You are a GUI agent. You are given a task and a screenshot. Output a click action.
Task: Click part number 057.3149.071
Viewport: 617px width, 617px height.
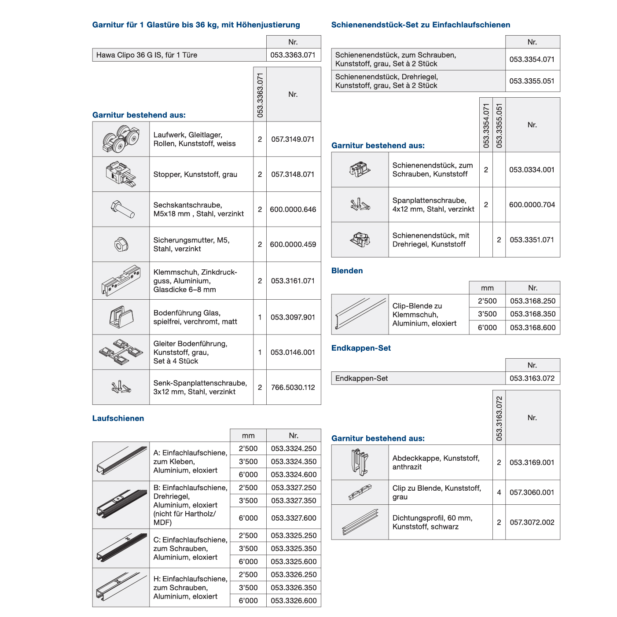coord(293,140)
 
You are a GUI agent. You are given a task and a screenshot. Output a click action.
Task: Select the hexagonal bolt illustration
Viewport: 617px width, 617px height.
coord(122,209)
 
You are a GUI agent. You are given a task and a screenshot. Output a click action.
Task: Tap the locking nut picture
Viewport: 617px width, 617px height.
coord(121,244)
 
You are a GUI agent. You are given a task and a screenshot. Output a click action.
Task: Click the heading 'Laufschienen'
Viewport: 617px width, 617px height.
coord(118,419)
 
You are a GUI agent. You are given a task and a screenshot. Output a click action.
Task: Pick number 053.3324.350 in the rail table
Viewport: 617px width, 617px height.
coord(294,462)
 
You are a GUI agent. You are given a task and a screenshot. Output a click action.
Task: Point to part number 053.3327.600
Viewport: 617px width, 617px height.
coord(294,518)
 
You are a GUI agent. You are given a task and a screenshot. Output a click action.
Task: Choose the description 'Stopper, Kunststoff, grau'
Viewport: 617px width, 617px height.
coord(195,175)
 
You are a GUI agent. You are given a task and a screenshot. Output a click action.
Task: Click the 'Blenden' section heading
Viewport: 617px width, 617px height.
coord(347,271)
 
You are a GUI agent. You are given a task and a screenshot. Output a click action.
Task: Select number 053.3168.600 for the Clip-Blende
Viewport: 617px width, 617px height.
coord(533,327)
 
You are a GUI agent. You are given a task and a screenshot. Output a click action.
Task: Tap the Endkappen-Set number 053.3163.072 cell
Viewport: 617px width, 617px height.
coord(532,378)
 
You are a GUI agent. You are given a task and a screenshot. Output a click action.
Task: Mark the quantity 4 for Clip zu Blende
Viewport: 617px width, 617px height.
coord(499,492)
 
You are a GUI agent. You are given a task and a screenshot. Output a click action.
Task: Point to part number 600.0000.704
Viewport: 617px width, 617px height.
coord(532,205)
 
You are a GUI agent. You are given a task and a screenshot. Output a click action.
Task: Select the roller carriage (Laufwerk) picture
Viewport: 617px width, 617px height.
coord(121,139)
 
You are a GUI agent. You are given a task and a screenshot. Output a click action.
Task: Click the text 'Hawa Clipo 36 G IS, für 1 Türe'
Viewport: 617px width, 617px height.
coord(147,55)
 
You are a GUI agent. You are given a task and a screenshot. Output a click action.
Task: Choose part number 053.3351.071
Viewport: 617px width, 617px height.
coord(532,240)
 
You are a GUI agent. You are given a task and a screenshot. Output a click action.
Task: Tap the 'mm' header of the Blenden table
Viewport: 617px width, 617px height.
coord(487,288)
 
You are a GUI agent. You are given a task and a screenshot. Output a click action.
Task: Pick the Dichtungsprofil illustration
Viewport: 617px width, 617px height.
coord(360,522)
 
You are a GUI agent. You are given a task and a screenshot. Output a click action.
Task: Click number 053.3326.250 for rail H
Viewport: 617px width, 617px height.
coord(294,575)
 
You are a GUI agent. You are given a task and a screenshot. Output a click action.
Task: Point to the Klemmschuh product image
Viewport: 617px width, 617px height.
coord(121,280)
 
